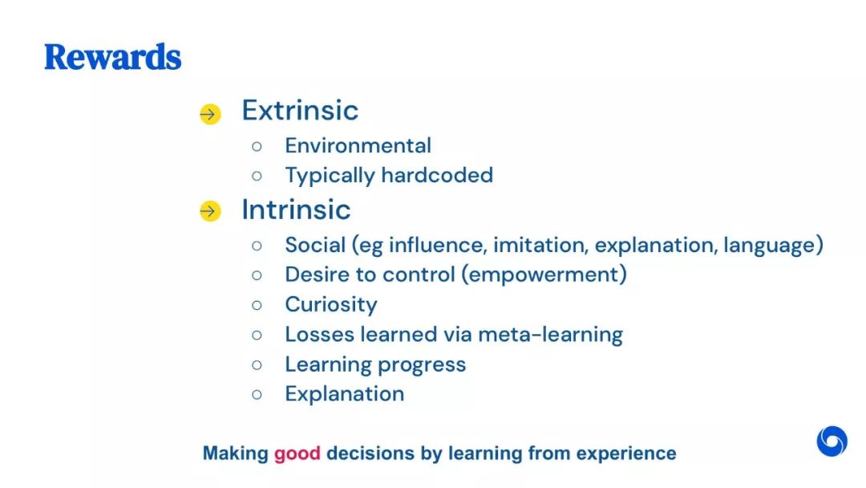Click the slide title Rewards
113,58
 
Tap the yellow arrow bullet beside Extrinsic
210,115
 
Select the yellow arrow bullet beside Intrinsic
210,210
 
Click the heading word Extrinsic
300,111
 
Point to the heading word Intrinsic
296,209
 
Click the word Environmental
358,146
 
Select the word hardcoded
437,175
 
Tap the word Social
315,245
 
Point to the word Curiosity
331,305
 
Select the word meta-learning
550,335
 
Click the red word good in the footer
297,453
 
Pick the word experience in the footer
626,453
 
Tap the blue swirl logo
832,441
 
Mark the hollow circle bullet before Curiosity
257,305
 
